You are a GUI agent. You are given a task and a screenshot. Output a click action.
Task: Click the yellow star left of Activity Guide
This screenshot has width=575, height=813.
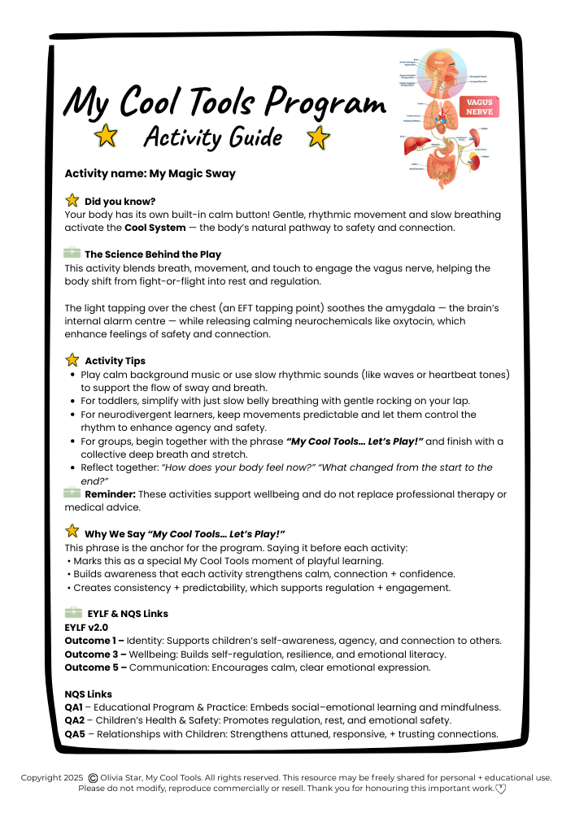pyautogui.click(x=106, y=137)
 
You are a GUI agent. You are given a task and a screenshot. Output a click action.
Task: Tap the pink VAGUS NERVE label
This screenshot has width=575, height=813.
pyautogui.click(x=479, y=107)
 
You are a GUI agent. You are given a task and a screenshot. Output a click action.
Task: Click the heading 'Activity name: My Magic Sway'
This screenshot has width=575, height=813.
pyautogui.click(x=150, y=173)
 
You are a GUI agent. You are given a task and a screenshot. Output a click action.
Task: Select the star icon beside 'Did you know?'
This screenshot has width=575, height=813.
pyautogui.click(x=72, y=200)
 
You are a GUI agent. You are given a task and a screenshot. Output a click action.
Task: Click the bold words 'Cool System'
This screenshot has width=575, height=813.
pyautogui.click(x=155, y=228)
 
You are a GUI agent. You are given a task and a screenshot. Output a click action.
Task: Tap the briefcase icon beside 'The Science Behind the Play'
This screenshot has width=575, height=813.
pyautogui.click(x=72, y=254)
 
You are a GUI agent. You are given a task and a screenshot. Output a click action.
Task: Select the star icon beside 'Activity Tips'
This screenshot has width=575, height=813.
pyautogui.click(x=72, y=360)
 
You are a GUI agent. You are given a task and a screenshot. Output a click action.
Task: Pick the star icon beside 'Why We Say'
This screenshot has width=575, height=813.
pyautogui.click(x=72, y=533)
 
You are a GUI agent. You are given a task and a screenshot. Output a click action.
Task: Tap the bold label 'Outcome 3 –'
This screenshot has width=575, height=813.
pyautogui.click(x=94, y=654)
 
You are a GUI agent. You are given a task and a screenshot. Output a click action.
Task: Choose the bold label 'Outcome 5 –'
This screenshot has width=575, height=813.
pyautogui.click(x=94, y=667)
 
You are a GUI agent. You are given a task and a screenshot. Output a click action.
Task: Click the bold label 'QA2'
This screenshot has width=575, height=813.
pyautogui.click(x=74, y=720)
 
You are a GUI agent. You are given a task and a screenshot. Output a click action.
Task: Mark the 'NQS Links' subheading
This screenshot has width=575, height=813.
pyautogui.click(x=88, y=694)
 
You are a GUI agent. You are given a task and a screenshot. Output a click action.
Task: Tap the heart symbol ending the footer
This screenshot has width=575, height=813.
pyautogui.click(x=500, y=789)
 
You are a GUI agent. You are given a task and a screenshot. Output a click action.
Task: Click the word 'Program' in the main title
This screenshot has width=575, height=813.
pyautogui.click(x=325, y=104)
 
